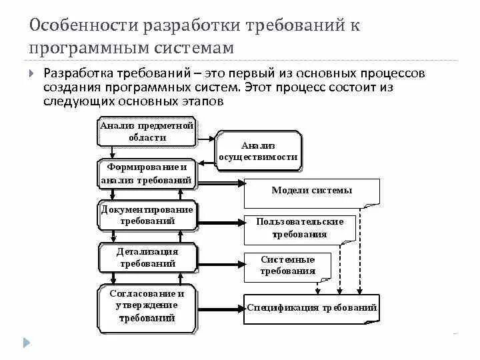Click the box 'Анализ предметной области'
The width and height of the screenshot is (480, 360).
(x=147, y=131)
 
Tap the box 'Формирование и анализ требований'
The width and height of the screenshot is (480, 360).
(x=147, y=173)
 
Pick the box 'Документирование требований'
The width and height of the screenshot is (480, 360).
(x=147, y=215)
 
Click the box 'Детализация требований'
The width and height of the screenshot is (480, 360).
(x=147, y=257)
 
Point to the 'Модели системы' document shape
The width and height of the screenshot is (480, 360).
(x=311, y=191)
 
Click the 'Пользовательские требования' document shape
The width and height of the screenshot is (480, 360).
(x=299, y=228)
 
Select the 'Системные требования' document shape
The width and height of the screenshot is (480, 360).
(x=288, y=265)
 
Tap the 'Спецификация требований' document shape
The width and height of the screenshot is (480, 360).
(x=312, y=308)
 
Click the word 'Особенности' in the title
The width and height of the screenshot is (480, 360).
(x=80, y=27)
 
